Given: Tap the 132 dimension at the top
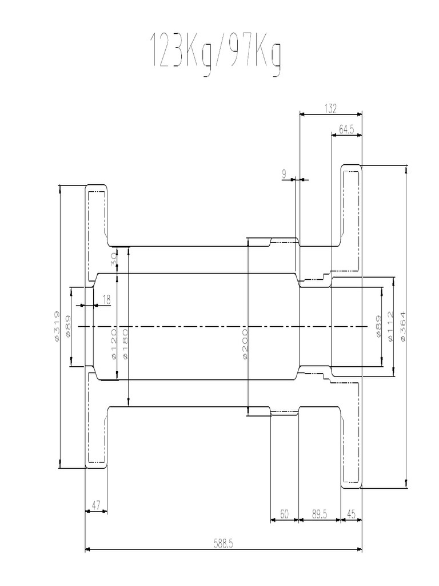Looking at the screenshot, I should [x=331, y=107].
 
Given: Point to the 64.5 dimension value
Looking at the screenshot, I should [x=346, y=129].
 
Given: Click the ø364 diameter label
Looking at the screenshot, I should [x=404, y=327].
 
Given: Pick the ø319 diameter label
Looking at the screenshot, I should [x=56, y=327].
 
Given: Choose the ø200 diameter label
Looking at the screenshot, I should [x=244, y=343].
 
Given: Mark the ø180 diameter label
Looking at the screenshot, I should [x=125, y=343].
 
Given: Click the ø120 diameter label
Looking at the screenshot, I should [x=113, y=343].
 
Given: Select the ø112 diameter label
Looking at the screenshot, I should [x=390, y=327].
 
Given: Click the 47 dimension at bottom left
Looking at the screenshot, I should [x=95, y=505].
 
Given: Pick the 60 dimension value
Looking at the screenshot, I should [x=284, y=514].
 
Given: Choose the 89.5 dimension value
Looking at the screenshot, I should [x=320, y=514].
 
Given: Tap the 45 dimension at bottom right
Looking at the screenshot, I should [x=352, y=514].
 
